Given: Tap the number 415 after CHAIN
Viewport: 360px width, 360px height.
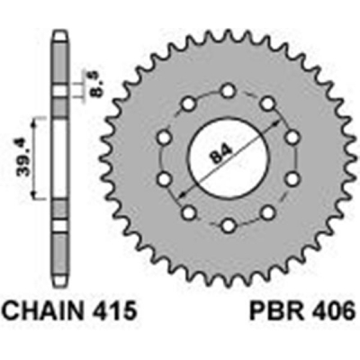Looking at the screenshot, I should (112, 314).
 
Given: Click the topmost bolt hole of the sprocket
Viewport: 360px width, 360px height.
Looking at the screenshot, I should (229, 91).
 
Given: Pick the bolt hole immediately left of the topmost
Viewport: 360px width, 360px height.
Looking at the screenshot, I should (190, 104).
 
